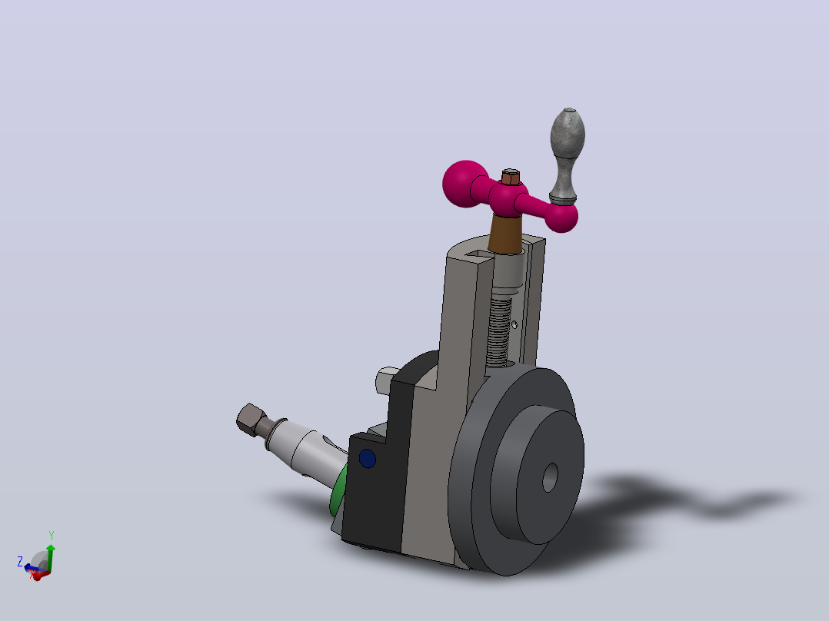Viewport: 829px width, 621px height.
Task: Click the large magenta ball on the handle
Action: coord(465,184)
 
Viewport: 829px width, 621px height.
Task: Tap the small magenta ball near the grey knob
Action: coord(561,218)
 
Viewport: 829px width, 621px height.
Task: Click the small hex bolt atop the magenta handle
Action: coord(510,177)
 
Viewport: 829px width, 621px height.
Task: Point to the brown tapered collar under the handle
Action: coord(506,234)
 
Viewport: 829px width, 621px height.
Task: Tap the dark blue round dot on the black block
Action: coord(368,458)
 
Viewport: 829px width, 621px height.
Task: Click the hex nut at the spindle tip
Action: coord(251,420)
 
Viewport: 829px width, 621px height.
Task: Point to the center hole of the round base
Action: coord(551,478)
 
